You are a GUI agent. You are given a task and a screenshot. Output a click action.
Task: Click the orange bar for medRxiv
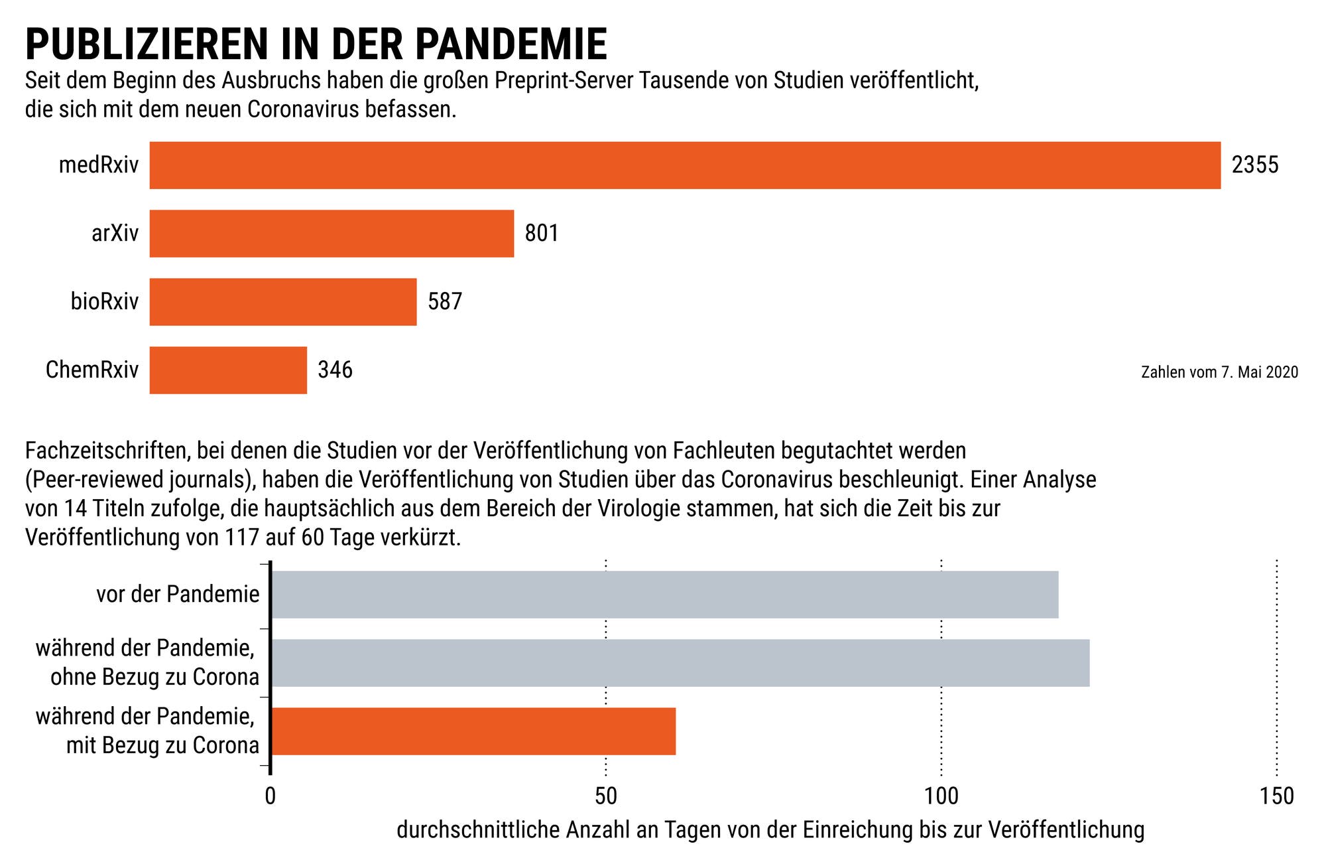tap(684, 165)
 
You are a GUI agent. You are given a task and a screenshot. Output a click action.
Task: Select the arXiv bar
tap(331, 234)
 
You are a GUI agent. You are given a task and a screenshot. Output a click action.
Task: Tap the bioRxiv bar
tap(283, 302)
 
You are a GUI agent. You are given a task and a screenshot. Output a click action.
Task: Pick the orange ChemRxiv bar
tap(228, 370)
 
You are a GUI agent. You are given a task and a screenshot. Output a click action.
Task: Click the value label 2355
tap(1254, 165)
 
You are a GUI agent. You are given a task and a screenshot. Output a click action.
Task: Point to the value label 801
tap(542, 234)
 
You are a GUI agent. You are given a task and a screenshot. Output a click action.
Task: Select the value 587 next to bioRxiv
tap(444, 302)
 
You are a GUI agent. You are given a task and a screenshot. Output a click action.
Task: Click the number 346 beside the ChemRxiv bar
tap(335, 370)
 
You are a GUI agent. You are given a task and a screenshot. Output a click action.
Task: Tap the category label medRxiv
tap(99, 165)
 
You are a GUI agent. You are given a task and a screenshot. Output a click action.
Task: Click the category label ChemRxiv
tap(92, 370)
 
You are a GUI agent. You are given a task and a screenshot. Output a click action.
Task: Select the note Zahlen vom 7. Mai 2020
tap(1219, 372)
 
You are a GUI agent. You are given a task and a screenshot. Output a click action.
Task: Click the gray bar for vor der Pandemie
tap(664, 595)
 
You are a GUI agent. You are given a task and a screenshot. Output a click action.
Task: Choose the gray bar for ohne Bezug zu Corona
tap(680, 663)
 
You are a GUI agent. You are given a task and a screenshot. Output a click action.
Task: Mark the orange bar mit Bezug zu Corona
tap(473, 731)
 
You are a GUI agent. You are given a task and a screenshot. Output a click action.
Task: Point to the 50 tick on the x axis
tap(605, 796)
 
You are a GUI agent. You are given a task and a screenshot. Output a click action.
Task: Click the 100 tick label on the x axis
tap(941, 796)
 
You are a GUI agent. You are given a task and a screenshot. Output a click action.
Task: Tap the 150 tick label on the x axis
tap(1276, 796)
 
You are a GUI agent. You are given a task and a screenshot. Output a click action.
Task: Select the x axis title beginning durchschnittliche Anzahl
tap(770, 830)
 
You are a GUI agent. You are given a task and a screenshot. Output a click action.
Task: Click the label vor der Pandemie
tap(178, 595)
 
